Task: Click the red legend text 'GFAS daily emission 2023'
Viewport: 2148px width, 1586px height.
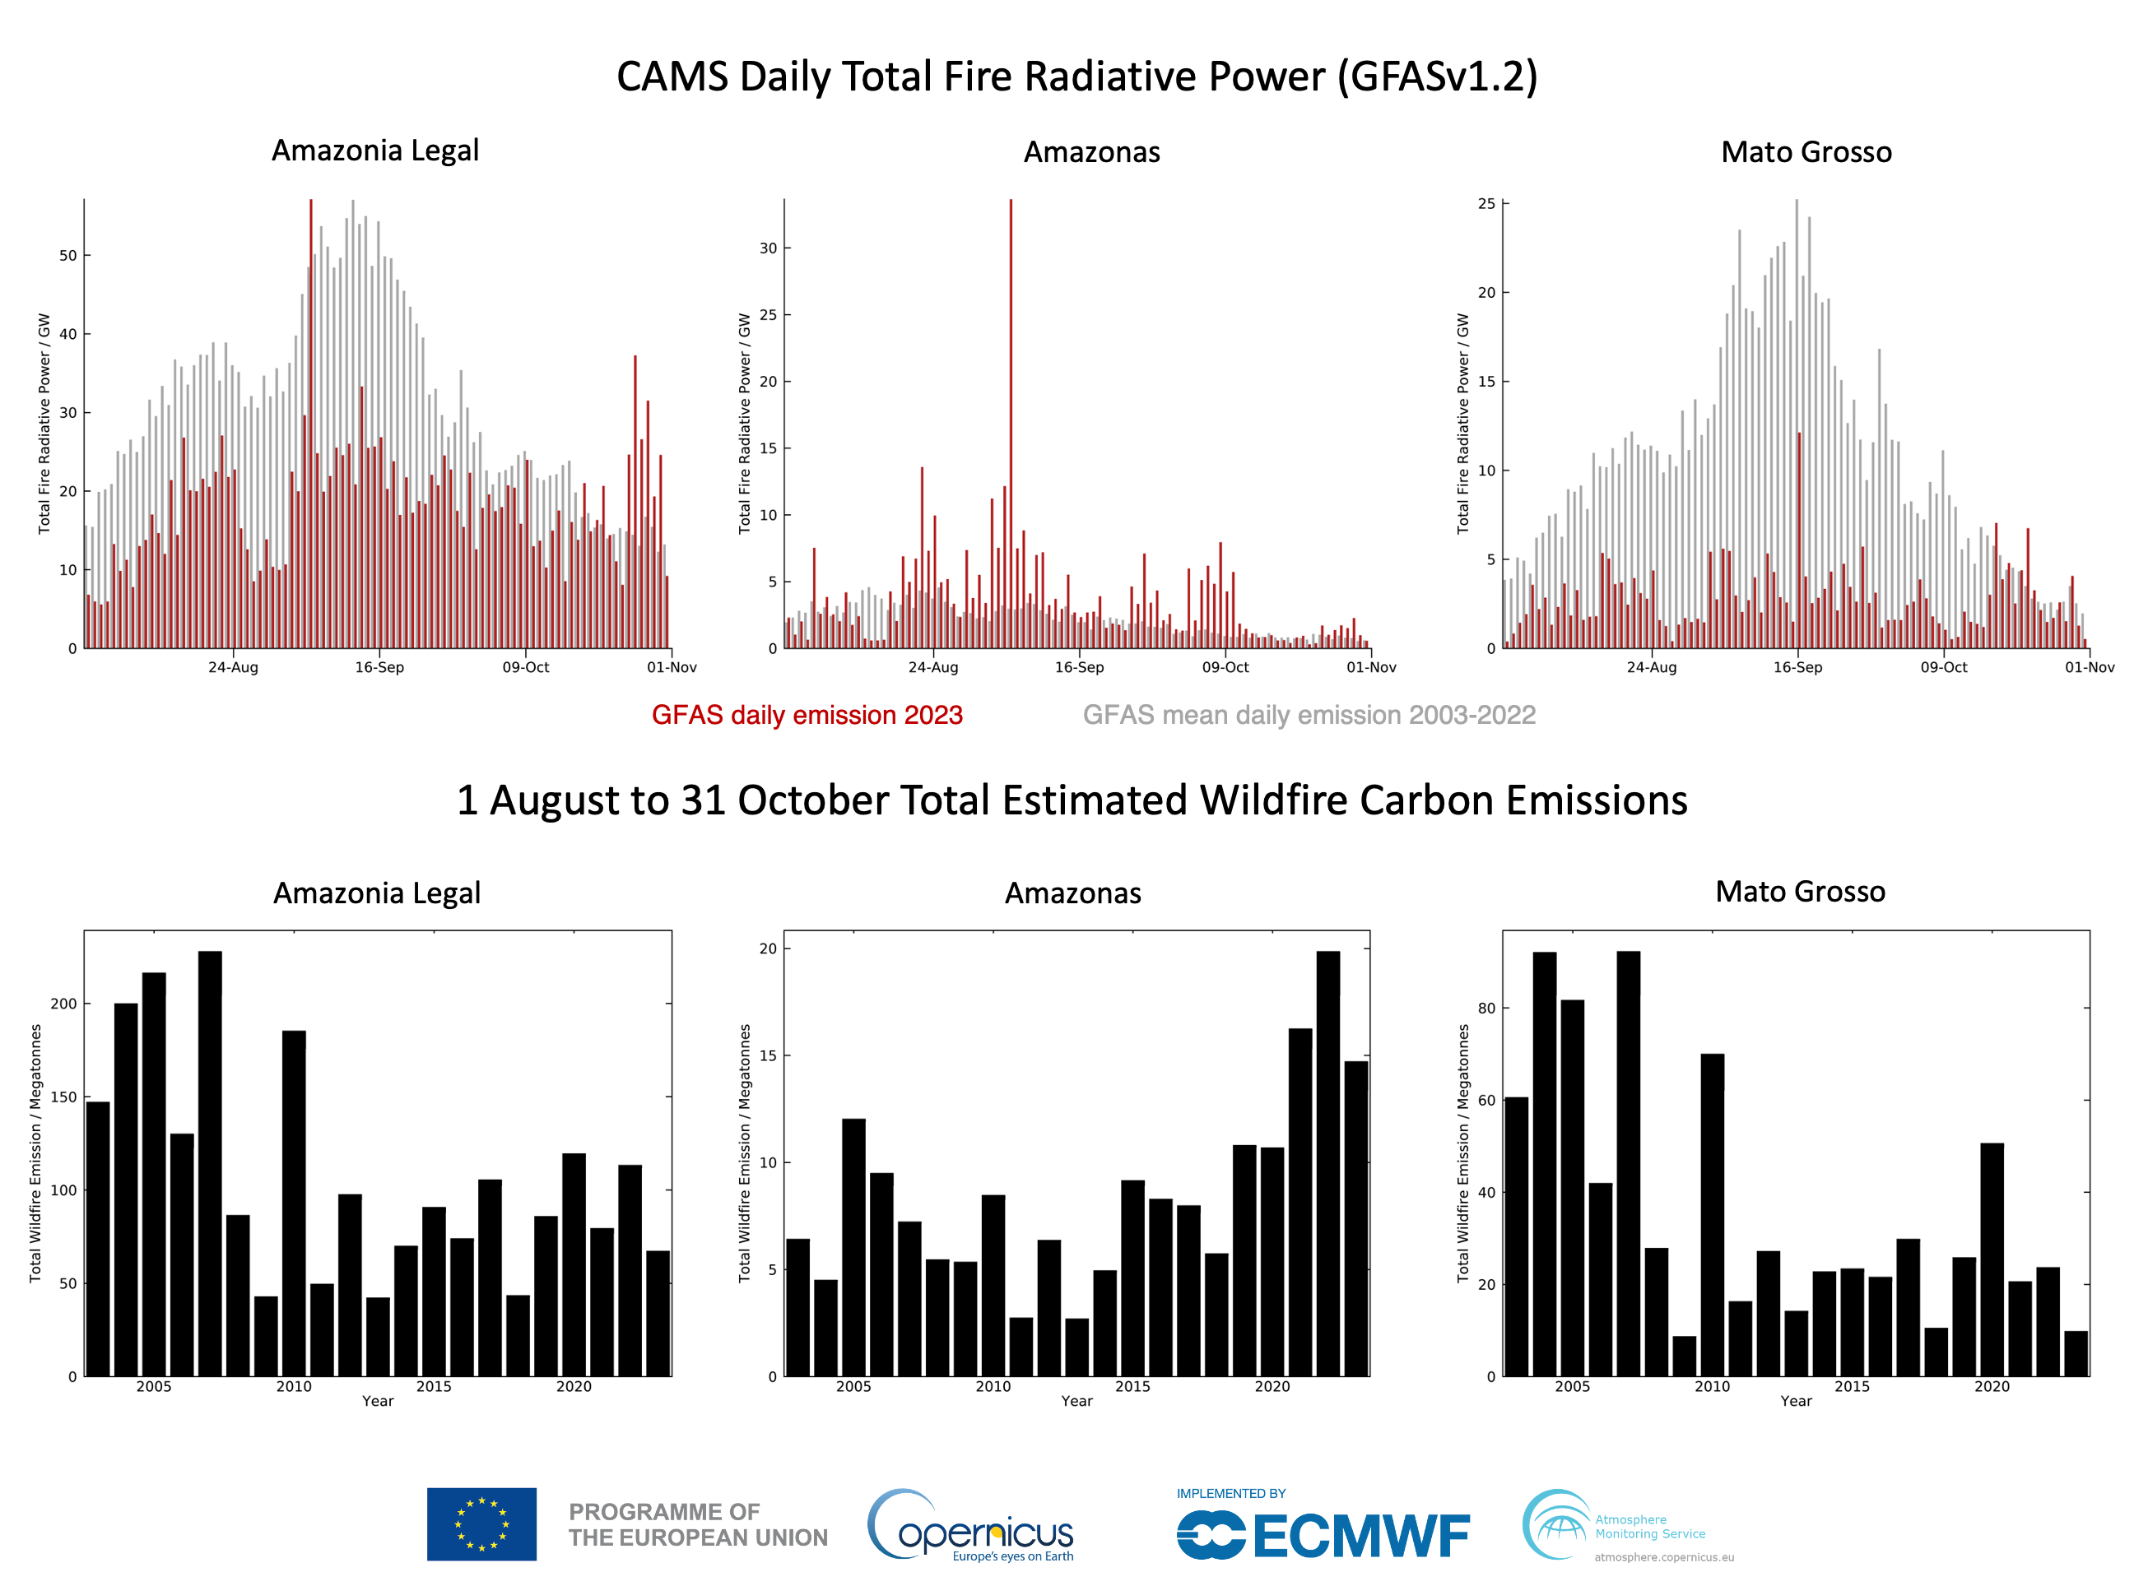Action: pyautogui.click(x=807, y=715)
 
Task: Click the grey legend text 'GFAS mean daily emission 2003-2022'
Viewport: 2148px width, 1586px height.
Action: pyautogui.click(x=1309, y=715)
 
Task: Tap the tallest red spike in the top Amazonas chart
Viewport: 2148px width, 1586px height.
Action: pyautogui.click(x=1010, y=384)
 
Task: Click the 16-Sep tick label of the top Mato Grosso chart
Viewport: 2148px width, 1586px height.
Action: pyautogui.click(x=1797, y=667)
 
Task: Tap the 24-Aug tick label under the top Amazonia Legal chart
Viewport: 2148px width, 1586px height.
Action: pyautogui.click(x=234, y=667)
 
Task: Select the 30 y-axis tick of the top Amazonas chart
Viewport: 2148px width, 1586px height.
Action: pyautogui.click(x=768, y=248)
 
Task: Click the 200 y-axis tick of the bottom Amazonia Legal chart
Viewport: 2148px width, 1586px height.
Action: pyautogui.click(x=63, y=1004)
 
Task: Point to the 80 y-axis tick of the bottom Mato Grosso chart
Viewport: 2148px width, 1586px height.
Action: pyautogui.click(x=1486, y=1008)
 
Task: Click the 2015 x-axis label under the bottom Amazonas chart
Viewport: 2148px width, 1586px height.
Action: pyautogui.click(x=1132, y=1386)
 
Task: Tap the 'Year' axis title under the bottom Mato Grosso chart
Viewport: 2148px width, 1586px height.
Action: pyautogui.click(x=1796, y=1402)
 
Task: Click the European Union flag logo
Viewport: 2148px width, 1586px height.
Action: pyautogui.click(x=482, y=1523)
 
